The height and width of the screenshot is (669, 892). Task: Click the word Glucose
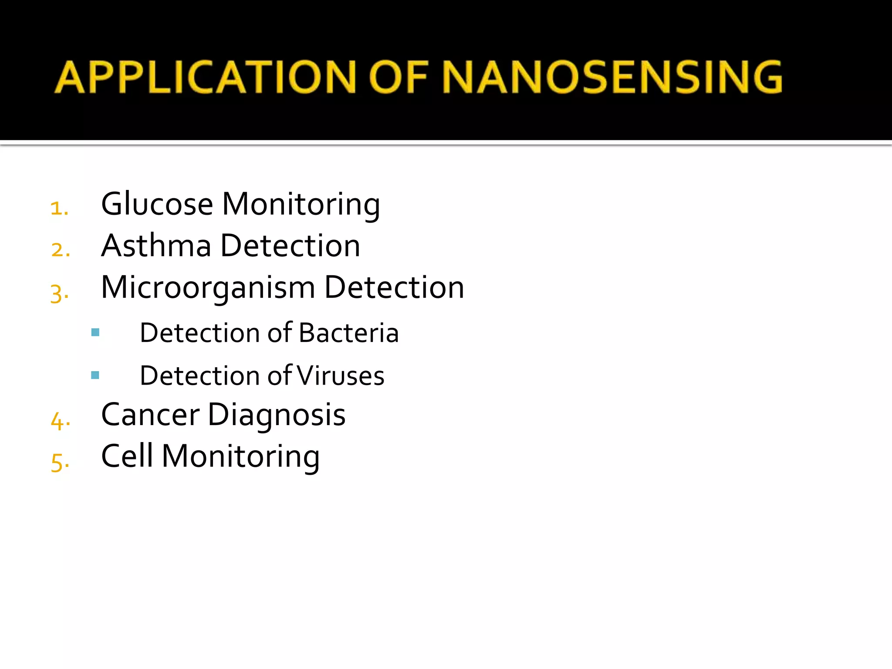157,204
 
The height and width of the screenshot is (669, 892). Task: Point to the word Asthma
156,245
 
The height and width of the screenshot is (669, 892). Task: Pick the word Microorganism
208,287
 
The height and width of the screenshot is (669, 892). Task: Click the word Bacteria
349,333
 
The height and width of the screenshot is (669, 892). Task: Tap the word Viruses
341,375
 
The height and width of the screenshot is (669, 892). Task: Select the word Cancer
150,414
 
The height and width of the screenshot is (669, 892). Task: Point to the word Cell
127,456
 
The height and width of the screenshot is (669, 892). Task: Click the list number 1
59,208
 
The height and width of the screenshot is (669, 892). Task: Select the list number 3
59,293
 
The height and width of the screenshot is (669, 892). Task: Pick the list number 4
60,421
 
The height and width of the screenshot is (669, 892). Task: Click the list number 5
59,462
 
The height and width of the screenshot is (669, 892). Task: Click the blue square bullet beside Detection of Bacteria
95,333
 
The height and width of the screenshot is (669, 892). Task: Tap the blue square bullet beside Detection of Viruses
95,375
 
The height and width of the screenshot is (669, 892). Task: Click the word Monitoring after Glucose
301,204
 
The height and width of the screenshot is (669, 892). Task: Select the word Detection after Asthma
291,245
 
